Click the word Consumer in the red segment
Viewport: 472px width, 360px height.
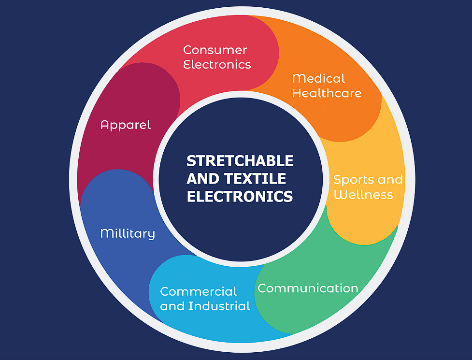(x=215, y=50)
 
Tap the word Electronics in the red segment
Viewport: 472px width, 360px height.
(x=217, y=64)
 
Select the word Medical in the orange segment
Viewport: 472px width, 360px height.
(x=318, y=79)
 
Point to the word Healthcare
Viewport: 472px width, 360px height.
(x=327, y=93)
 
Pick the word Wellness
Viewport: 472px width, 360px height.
(x=363, y=195)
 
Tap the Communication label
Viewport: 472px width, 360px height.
(x=308, y=288)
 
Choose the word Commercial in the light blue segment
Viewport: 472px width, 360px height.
(x=199, y=291)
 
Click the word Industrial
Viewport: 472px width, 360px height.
(x=219, y=306)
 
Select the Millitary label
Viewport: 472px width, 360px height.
(x=128, y=234)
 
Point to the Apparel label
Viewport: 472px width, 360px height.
(x=126, y=125)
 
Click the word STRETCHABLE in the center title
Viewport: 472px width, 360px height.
(x=240, y=161)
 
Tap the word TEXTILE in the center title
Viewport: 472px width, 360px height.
(x=256, y=178)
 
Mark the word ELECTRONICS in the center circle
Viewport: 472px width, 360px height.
(x=240, y=196)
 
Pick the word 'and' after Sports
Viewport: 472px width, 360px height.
(x=390, y=180)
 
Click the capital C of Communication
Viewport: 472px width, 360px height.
(x=262, y=288)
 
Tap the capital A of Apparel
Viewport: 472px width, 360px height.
(x=104, y=125)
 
